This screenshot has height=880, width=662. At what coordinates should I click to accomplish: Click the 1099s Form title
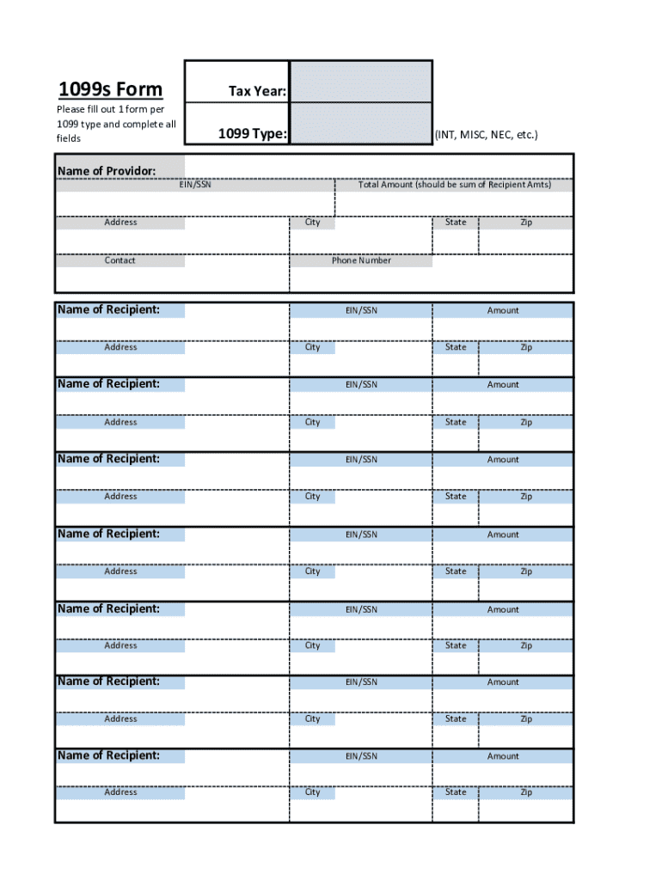click(109, 90)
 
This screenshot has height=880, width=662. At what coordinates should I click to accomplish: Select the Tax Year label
click(257, 91)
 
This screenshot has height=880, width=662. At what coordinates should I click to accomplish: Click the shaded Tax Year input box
click(360, 81)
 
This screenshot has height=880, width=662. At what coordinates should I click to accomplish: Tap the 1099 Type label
click(252, 133)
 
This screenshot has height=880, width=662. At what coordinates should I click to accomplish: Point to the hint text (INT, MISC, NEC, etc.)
click(486, 135)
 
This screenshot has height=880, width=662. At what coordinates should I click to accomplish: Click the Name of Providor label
click(107, 171)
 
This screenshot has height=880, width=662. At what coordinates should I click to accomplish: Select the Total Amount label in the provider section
click(454, 185)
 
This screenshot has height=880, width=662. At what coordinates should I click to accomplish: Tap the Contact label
click(120, 260)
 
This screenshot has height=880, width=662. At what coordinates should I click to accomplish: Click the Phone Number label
click(361, 260)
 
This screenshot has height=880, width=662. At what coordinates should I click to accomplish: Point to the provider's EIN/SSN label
click(194, 185)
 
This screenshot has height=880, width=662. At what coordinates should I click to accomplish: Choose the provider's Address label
click(120, 222)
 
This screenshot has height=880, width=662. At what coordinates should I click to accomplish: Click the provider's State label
click(456, 222)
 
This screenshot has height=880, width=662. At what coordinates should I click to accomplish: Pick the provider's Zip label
click(526, 222)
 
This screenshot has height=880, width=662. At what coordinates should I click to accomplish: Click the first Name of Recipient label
click(108, 309)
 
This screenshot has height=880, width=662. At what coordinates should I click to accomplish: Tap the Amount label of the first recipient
click(503, 310)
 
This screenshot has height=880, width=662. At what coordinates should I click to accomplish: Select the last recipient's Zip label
click(526, 792)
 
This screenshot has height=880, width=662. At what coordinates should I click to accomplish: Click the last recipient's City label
click(312, 792)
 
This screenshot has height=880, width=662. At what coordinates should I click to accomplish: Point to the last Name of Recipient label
click(108, 755)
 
